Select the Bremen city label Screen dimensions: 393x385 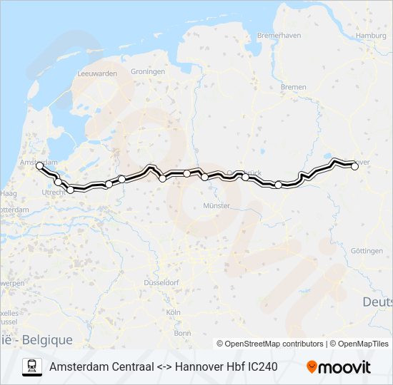(293, 87)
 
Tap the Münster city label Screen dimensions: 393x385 (217, 205)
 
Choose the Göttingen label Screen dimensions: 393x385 (367, 250)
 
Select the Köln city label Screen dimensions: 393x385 (173, 312)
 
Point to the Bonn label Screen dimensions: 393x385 (182, 333)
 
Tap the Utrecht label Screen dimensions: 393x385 (54, 192)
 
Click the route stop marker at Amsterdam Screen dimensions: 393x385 (40, 165)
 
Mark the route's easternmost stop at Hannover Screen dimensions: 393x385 (354, 166)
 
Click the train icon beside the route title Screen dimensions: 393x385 (31, 366)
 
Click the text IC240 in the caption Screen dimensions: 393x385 (261, 366)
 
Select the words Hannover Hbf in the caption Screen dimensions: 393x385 (207, 366)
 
